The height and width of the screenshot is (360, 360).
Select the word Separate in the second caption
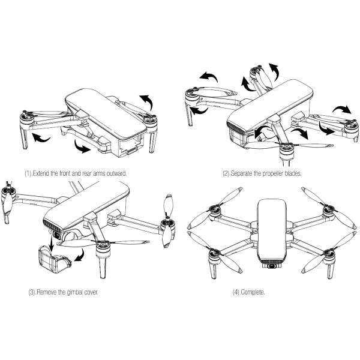[248, 173]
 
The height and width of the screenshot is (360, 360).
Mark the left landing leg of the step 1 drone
[25, 139]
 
